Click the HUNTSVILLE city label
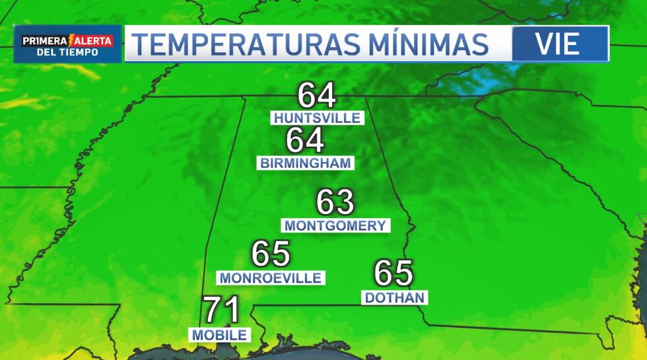pos(317,118)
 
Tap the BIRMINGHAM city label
pos(306,163)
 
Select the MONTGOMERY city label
pos(335,225)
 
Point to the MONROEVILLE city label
pos(271,278)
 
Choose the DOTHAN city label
pos(395,298)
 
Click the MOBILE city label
pos(220,335)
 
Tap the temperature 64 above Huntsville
pos(317,96)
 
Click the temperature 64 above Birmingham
pos(305,141)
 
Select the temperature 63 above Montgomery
pos(335,202)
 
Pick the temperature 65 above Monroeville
pos(271,254)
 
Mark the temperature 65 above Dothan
pos(393,273)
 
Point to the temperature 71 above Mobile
pos(221,310)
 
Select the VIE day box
pos(559,44)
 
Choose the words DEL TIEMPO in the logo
pos(68,53)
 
